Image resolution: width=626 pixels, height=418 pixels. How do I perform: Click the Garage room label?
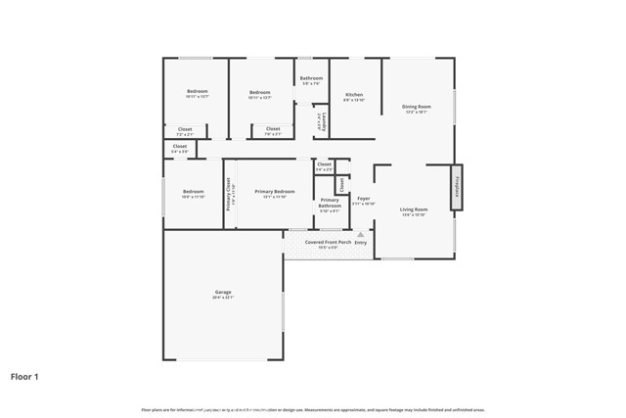(x=223, y=292)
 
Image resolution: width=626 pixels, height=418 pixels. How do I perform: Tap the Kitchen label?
(x=354, y=95)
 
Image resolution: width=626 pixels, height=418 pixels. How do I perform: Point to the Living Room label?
(x=415, y=209)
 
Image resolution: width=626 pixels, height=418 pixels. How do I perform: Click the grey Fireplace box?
(x=456, y=187)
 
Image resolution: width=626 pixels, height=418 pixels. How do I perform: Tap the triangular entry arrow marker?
(x=360, y=235)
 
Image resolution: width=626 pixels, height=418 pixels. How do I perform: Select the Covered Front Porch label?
(x=328, y=242)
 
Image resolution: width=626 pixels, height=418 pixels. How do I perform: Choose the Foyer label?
(x=363, y=199)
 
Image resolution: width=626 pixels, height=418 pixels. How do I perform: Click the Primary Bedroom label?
(x=269, y=191)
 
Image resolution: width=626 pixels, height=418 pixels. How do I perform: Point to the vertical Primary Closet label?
(x=229, y=195)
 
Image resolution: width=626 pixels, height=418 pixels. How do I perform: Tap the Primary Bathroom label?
(x=330, y=203)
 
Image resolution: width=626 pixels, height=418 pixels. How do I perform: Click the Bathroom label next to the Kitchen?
(x=311, y=78)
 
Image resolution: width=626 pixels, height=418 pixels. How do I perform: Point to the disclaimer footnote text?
(x=312, y=409)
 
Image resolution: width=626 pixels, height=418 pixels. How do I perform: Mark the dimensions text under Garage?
(x=223, y=298)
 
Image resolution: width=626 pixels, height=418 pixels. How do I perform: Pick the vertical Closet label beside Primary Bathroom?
(x=341, y=183)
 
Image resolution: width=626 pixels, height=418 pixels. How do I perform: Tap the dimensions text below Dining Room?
(x=417, y=113)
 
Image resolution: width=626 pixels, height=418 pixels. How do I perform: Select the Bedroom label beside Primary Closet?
(x=193, y=191)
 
